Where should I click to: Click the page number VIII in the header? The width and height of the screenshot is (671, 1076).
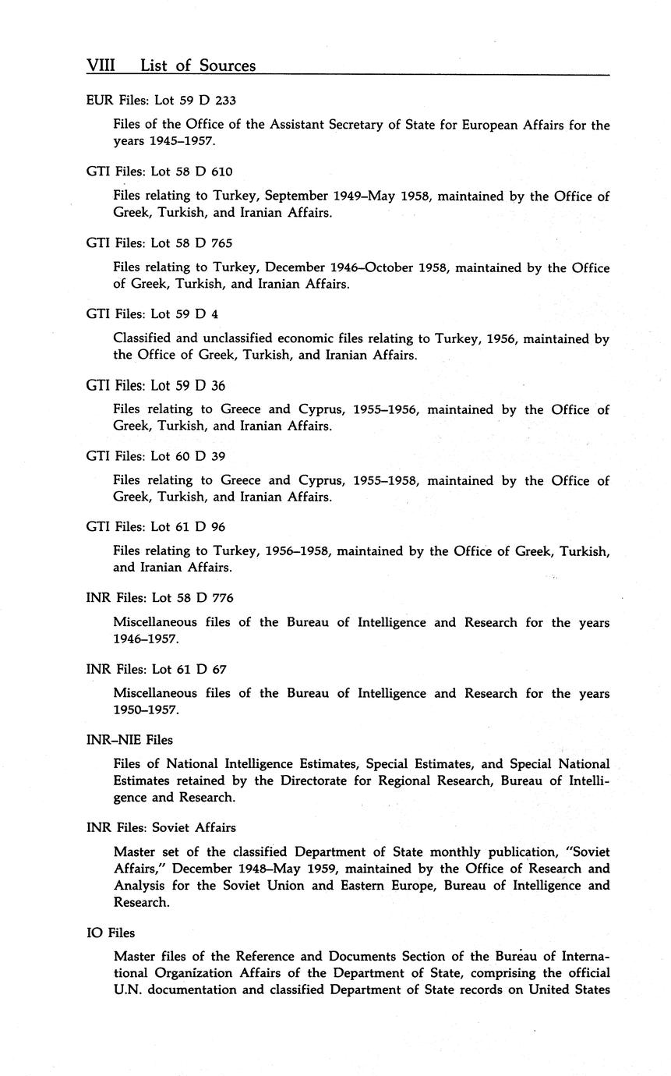tap(101, 66)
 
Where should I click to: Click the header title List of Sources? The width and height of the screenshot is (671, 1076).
tap(198, 66)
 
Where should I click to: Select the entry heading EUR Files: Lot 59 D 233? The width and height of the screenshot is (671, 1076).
tap(161, 100)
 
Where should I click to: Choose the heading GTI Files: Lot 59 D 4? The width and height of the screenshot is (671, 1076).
tap(152, 314)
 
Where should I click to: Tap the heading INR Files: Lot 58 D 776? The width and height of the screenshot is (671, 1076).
tap(160, 598)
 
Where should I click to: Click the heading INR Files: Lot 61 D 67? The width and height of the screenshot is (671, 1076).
tap(157, 669)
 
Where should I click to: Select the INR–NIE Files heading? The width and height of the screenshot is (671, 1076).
tap(129, 740)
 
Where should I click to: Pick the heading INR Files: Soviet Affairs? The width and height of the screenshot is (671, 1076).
tap(161, 827)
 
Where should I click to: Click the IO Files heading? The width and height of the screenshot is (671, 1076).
tap(111, 933)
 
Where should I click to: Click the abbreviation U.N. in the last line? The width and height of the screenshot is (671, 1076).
tap(129, 990)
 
